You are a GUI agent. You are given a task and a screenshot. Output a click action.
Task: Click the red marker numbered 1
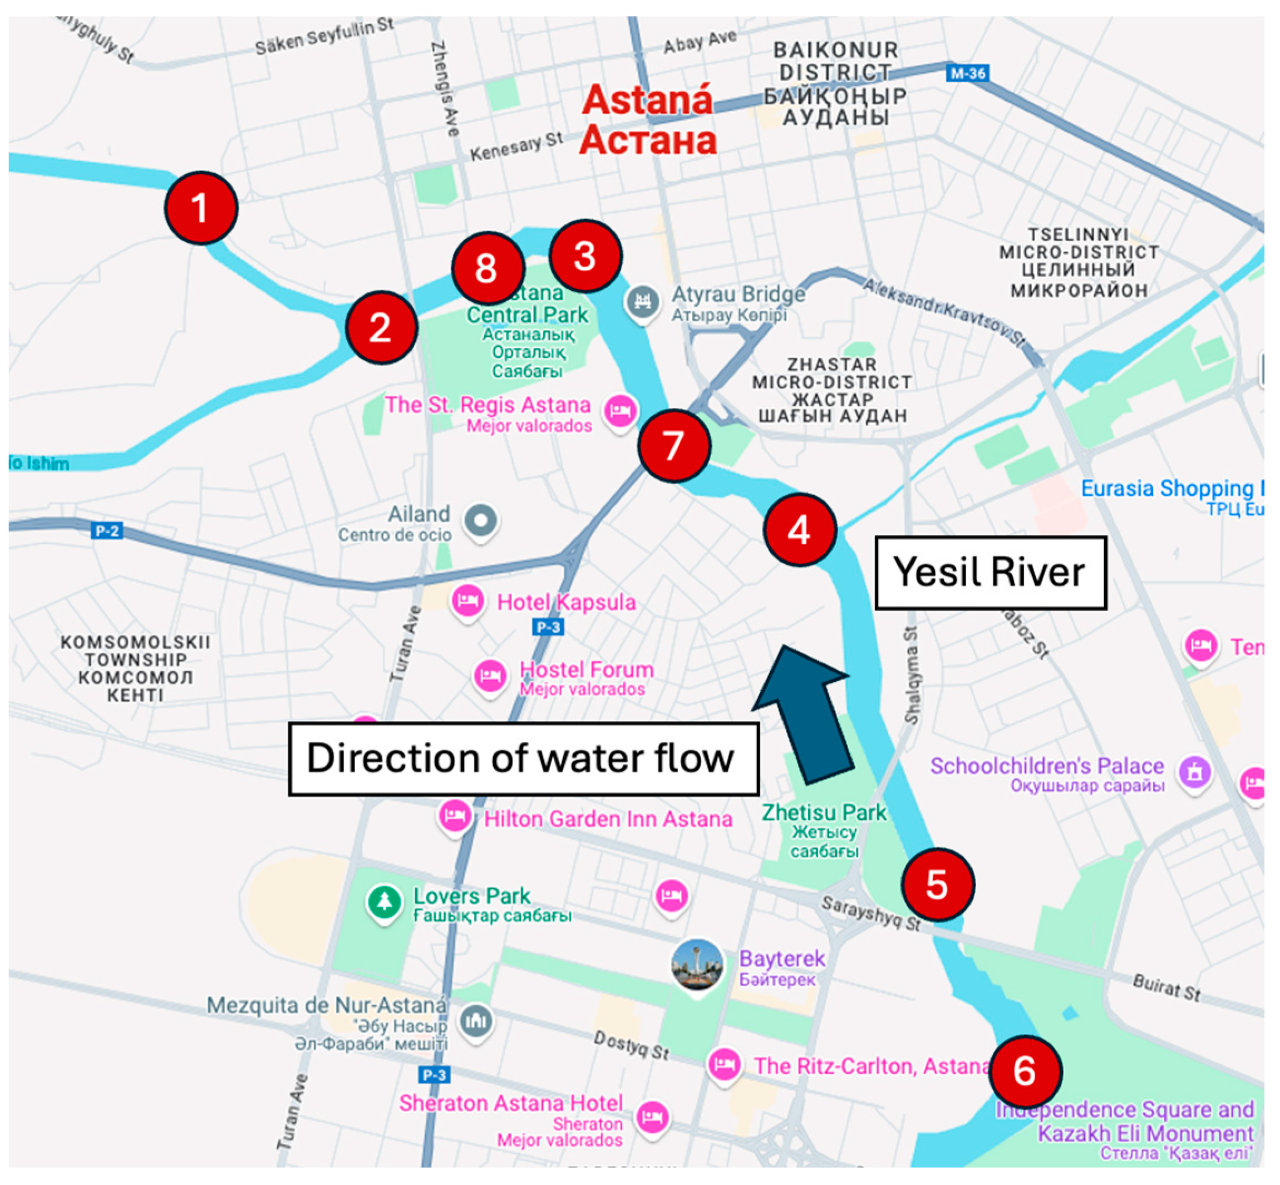pyautogui.click(x=201, y=208)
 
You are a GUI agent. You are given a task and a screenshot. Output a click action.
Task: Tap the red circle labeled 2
pyautogui.click(x=382, y=327)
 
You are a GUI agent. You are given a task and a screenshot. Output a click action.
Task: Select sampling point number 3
pyautogui.click(x=585, y=256)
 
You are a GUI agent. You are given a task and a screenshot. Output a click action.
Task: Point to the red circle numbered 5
pyautogui.click(x=938, y=884)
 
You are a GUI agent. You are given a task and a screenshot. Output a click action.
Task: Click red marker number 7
pyautogui.click(x=674, y=445)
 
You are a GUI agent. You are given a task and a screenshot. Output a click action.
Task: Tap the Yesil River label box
pyautogui.click(x=990, y=572)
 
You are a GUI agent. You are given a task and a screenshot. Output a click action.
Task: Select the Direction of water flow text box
pyautogui.click(x=523, y=759)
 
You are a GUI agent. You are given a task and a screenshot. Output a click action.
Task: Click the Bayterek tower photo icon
pyautogui.click(x=697, y=965)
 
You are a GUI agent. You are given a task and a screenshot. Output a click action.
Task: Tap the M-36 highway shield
pyautogui.click(x=967, y=73)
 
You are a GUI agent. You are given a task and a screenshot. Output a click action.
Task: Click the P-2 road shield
pyautogui.click(x=106, y=531)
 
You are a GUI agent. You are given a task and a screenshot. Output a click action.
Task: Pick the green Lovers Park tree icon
pyautogui.click(x=384, y=902)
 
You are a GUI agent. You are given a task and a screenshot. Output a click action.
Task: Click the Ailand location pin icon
pyautogui.click(x=481, y=520)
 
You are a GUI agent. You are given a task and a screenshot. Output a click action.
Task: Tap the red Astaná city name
pyautogui.click(x=648, y=101)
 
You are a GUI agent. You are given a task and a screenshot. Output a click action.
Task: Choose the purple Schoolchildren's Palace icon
pyautogui.click(x=1195, y=772)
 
